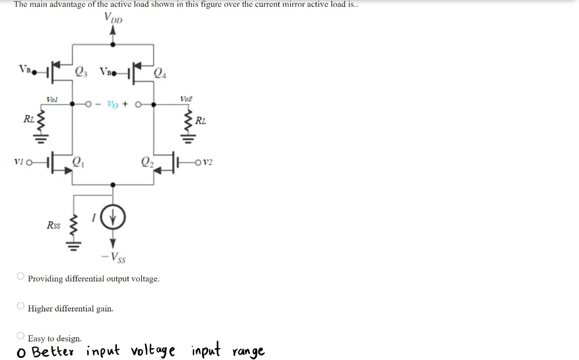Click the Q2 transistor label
(146, 163)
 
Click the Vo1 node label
(52, 99)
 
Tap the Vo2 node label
(185, 98)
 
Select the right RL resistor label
(201, 120)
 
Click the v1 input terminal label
(19, 162)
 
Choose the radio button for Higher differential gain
(20, 306)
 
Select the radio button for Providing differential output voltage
(20, 276)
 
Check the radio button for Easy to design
(20, 336)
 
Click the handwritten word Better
(57, 352)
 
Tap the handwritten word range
(248, 352)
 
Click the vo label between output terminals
(114, 104)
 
